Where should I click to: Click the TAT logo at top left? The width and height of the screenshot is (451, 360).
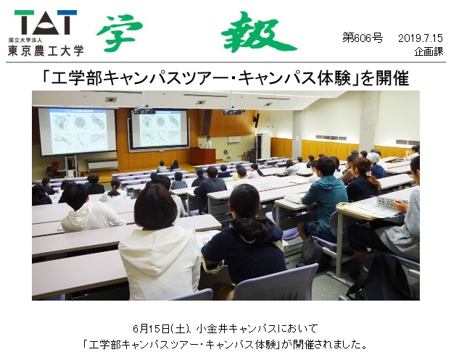tap(46, 22)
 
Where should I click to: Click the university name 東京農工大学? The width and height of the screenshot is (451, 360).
tap(46, 51)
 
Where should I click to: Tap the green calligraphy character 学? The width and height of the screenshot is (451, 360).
tap(120, 33)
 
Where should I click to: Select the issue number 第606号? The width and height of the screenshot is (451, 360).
tap(363, 38)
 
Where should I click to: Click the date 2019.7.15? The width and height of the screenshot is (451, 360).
tap(421, 38)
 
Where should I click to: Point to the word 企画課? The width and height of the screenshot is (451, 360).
tap(429, 51)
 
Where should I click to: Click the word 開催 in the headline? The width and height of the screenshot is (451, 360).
tap(392, 78)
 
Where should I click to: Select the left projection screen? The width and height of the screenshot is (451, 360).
tap(77, 131)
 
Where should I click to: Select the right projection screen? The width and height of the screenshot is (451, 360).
tap(160, 130)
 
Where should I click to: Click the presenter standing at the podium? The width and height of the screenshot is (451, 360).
tap(208, 143)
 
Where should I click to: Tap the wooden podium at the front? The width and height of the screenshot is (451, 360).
tap(202, 156)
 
